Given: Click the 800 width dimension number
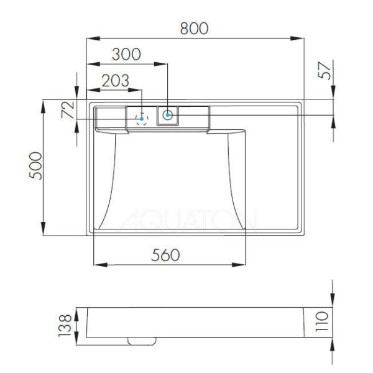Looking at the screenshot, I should [194, 28].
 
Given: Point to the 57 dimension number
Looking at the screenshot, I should [325, 70].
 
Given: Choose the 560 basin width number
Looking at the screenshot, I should [165, 254].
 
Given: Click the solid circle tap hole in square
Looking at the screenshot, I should [168, 114].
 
